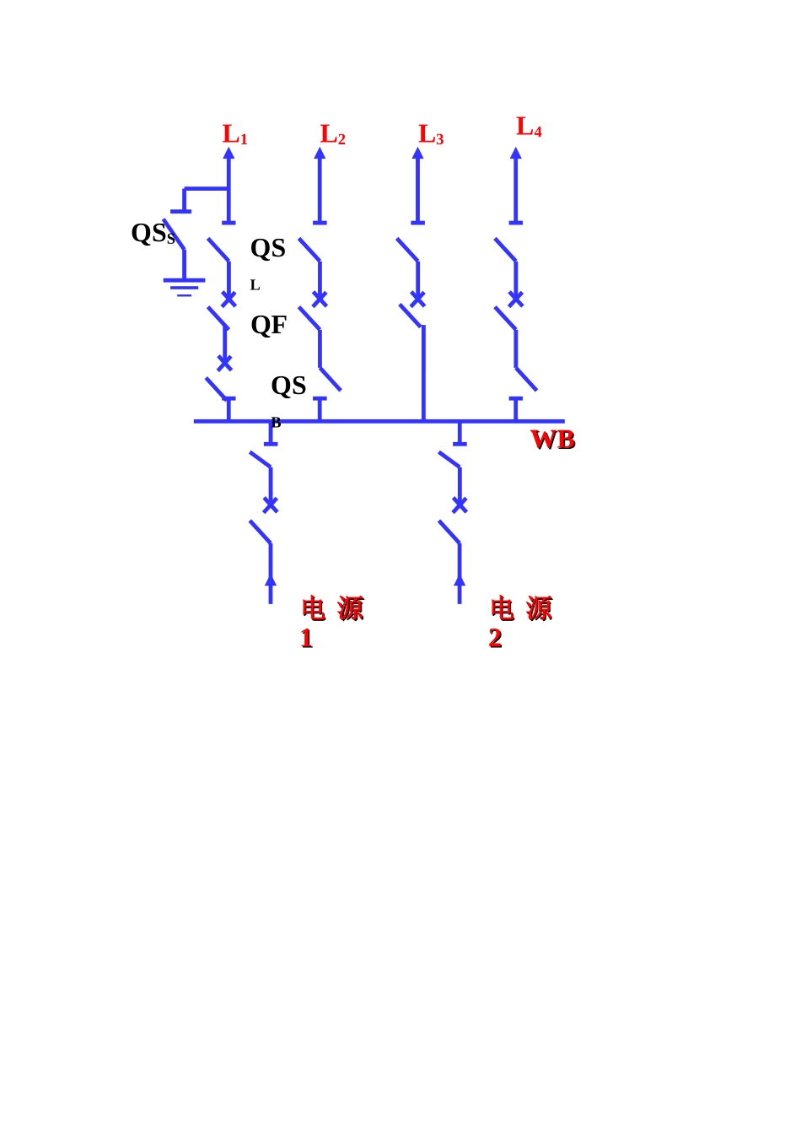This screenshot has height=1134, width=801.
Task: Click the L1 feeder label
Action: point(234,134)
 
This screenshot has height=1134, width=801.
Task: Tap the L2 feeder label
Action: point(332,134)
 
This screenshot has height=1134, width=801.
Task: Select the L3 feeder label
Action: point(430,134)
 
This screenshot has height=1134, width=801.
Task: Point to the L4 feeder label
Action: point(529,127)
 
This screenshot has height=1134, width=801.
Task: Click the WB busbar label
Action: point(552,440)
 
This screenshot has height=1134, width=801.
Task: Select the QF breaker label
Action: point(268,325)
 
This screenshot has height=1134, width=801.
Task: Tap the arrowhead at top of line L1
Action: point(228,153)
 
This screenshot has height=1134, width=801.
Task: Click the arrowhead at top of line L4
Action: point(516,153)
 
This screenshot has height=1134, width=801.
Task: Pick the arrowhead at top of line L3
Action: point(417,153)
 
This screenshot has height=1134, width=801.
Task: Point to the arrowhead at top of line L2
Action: point(320,153)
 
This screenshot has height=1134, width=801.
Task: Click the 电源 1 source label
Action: point(331,621)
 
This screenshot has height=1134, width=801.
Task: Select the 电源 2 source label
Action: point(520,621)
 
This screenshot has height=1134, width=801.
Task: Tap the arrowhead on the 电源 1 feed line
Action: point(271,580)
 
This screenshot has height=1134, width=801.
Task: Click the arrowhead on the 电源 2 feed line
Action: point(460,580)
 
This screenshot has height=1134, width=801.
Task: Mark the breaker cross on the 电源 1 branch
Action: point(271,505)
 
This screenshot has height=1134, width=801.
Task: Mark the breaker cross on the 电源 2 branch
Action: point(460,505)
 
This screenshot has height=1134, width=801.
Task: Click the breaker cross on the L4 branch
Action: point(516,300)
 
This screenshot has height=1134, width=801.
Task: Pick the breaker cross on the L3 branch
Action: point(417,300)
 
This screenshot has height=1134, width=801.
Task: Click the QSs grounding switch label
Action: point(153,234)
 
